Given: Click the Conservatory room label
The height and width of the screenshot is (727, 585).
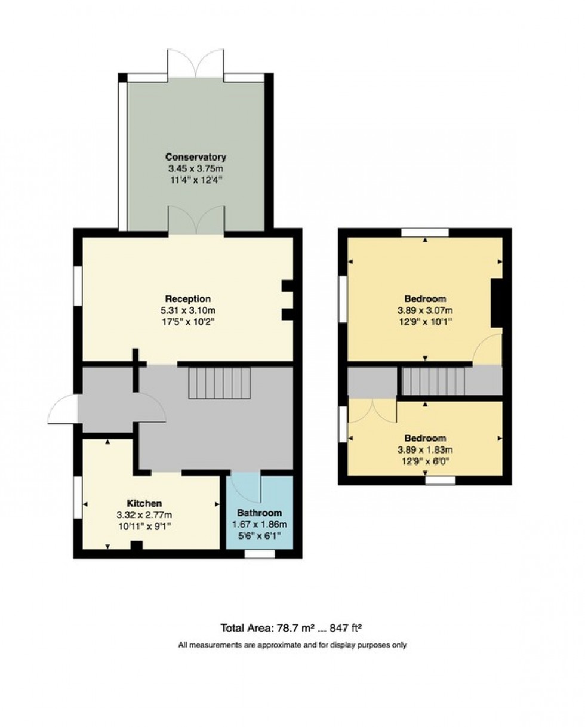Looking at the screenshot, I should pos(196,157).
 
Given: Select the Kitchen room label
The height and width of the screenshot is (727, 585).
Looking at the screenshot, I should pos(144,503).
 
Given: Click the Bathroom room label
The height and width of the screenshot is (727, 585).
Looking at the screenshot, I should pos(259,513).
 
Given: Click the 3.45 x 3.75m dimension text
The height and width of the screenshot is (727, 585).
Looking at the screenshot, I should pos(196,169).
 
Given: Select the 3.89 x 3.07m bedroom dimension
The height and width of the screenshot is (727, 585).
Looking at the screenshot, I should pos(425,310).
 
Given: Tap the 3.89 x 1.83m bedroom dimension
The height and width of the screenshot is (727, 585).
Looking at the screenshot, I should pos(425,449).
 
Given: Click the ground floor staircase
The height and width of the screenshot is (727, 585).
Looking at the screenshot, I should pos(219,383).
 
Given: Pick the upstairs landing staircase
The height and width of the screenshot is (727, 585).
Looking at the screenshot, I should pos(433,381).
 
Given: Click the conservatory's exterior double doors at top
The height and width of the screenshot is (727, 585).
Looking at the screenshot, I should pos(196,63).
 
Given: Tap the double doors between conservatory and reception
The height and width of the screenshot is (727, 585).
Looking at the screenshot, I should pos(196,220).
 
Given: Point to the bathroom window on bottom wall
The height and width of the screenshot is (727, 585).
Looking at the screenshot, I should pos(260,555).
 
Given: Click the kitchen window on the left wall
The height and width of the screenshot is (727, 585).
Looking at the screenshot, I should pos(78,497).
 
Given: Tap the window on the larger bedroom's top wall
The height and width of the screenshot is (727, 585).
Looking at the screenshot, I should pos(425,232).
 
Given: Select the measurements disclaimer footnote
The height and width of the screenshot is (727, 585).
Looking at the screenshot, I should pos(292,645).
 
